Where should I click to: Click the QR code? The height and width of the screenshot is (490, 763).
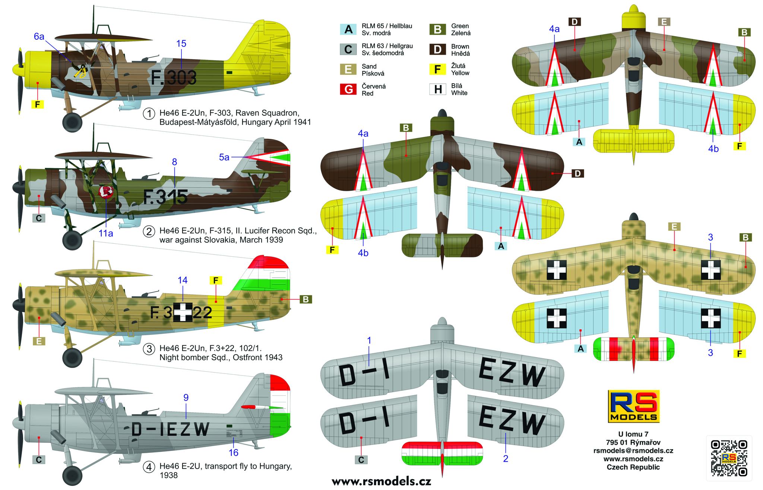[729, 458]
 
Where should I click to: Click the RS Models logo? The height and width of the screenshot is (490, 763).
[633, 406]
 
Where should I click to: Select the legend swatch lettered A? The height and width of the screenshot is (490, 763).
[348, 29]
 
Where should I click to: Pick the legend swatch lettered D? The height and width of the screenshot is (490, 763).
[438, 49]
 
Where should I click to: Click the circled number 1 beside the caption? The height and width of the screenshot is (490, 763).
[149, 113]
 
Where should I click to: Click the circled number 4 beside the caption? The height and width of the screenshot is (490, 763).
[149, 467]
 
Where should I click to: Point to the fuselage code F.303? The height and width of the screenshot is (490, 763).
[174, 78]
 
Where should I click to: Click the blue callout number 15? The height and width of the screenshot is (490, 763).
[181, 44]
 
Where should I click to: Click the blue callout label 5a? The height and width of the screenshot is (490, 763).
[224, 157]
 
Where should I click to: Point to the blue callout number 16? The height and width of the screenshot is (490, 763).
[234, 452]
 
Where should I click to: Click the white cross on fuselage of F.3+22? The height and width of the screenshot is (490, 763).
[183, 312]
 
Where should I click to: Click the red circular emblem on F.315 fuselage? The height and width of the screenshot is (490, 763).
[105, 192]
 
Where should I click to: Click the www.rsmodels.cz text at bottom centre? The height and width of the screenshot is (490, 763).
[381, 481]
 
